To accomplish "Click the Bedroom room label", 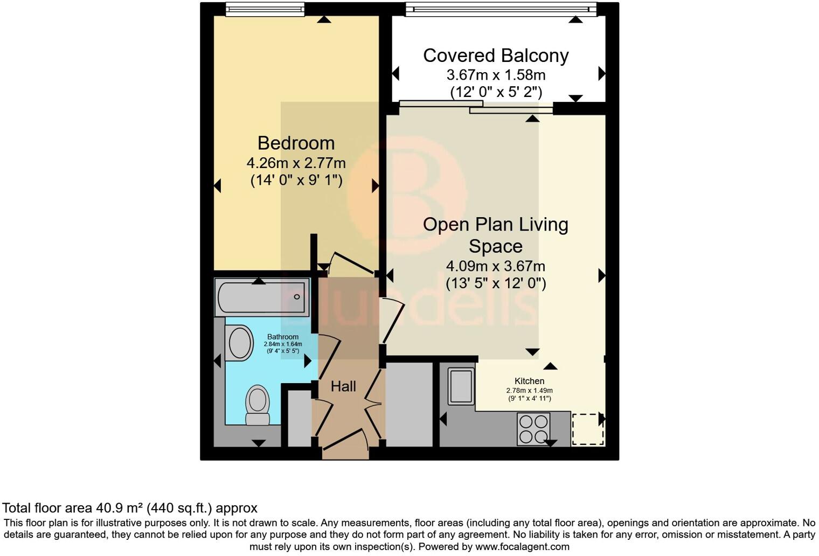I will (x=296, y=143).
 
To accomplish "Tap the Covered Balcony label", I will (x=496, y=55).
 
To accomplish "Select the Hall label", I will (x=343, y=386).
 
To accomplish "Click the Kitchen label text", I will (x=529, y=381).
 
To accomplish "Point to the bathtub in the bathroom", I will (x=262, y=297).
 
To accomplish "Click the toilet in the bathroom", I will (x=258, y=405).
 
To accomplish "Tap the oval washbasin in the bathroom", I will (x=240, y=343).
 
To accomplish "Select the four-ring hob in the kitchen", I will (x=533, y=429).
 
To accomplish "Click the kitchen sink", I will (x=461, y=386).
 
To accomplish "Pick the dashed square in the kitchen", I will (x=587, y=429).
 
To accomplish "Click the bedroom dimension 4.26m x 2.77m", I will (x=296, y=162).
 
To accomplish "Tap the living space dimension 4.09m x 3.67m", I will (x=496, y=266).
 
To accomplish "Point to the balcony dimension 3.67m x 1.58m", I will (x=496, y=74).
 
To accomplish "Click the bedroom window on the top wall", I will (x=265, y=9).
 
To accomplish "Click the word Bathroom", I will (x=283, y=337).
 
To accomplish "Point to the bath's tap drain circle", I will (x=297, y=297).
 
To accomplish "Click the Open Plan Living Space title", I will (x=496, y=235).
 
